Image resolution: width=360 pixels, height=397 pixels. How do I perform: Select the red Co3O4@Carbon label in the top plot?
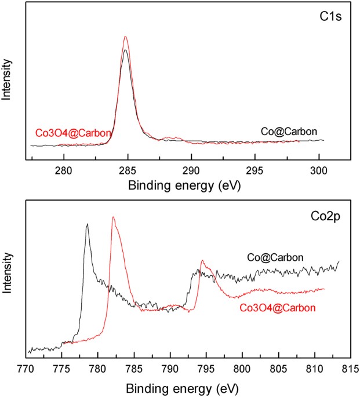click(x=73, y=133)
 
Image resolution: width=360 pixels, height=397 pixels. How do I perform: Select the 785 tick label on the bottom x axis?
click(x=134, y=368)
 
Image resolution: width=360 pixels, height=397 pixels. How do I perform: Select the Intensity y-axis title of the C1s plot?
click(x=7, y=80)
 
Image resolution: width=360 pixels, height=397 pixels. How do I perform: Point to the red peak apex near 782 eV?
click(x=113, y=217)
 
